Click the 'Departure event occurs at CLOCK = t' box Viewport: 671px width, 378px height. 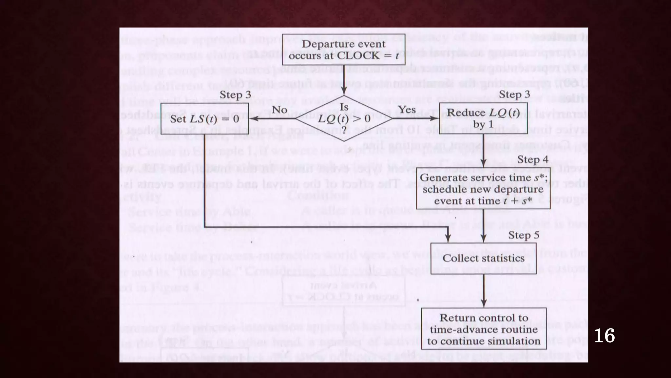click(343, 50)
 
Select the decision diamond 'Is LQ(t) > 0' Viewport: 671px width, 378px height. click(344, 118)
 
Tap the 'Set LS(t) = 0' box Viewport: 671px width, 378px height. click(204, 118)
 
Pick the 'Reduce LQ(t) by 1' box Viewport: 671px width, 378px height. click(483, 118)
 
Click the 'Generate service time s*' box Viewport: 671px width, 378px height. click(483, 189)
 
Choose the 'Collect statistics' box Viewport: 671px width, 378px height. click(483, 258)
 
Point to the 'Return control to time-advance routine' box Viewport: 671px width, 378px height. click(484, 329)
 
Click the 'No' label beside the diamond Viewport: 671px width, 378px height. click(279, 110)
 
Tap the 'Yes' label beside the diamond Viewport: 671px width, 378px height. click(407, 110)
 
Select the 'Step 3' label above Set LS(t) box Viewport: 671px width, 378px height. click(235, 95)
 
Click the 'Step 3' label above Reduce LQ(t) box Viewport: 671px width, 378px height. click(514, 94)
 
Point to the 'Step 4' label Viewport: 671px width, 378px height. click(532, 159)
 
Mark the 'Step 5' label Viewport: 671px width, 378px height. click(524, 235)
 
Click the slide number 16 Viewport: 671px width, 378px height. click(604, 336)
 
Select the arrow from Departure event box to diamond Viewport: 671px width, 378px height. click(344, 80)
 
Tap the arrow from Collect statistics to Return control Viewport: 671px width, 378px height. click(484, 291)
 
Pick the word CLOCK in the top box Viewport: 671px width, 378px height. click(358, 55)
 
